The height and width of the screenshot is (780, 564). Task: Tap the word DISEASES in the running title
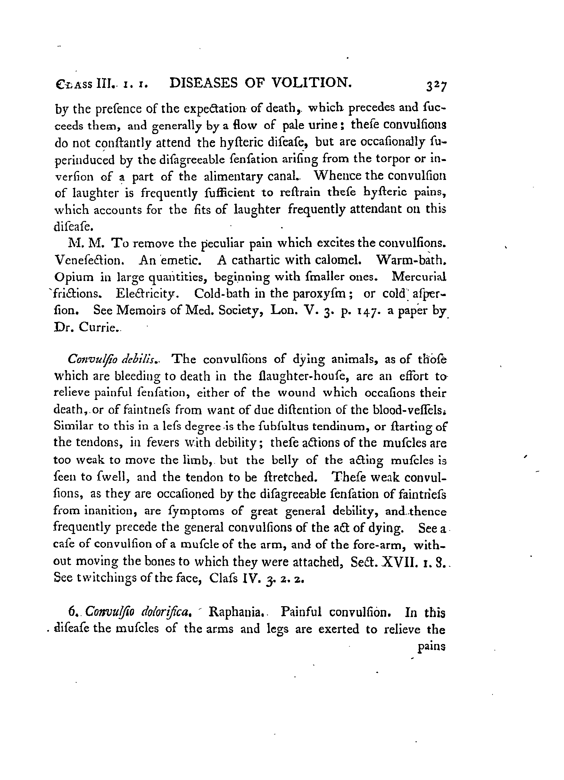[204, 83]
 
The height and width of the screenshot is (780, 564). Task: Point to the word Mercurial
[419, 277]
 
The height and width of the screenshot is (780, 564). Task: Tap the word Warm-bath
[412, 260]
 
